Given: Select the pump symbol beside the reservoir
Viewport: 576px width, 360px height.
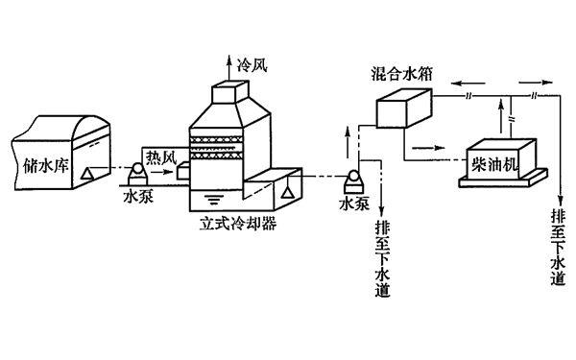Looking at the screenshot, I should tap(134, 172).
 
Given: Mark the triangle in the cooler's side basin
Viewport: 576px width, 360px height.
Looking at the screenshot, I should tap(286, 192).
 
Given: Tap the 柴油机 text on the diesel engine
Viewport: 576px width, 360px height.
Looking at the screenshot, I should tap(492, 162).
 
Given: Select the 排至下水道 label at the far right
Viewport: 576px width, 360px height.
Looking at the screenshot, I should tap(558, 248).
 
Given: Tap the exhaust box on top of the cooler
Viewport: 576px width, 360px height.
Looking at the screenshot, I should tap(230, 91).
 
